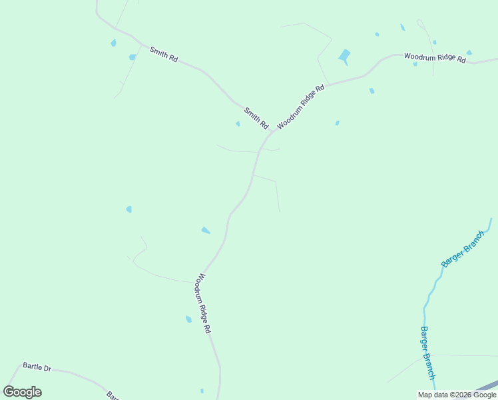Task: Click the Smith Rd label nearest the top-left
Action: click(164, 55)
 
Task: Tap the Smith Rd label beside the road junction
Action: click(256, 118)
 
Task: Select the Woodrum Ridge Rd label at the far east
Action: click(435, 58)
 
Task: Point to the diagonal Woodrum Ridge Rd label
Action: click(301, 106)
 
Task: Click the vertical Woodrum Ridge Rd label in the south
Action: click(204, 303)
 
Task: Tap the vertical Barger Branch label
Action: click(427, 353)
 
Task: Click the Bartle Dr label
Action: click(37, 367)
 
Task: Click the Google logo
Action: click(23, 392)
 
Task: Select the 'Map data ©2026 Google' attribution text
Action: click(457, 395)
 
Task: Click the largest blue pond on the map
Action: click(344, 56)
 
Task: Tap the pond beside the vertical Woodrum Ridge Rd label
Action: click(188, 319)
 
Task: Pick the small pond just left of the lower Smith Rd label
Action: click(238, 123)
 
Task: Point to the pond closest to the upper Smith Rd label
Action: click(132, 57)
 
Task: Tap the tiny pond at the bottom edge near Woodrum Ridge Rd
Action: click(202, 391)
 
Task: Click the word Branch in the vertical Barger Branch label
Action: click(430, 364)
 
